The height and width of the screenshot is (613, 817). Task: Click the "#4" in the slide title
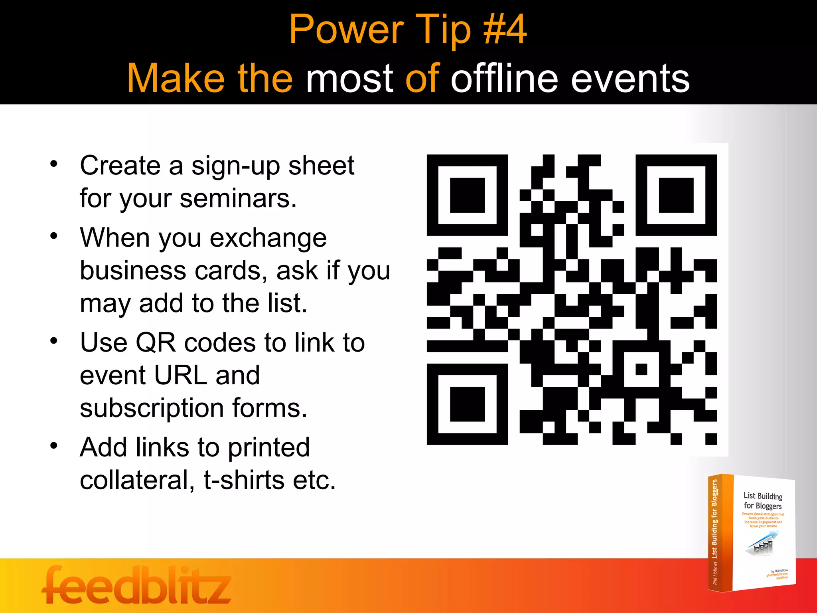click(x=505, y=30)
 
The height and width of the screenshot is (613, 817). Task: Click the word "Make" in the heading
click(x=176, y=79)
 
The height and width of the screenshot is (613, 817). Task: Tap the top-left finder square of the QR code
click(x=467, y=195)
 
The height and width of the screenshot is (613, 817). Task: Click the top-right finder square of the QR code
click(x=676, y=195)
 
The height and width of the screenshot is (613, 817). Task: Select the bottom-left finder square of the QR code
click(x=467, y=404)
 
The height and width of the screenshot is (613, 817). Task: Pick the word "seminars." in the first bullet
click(x=238, y=198)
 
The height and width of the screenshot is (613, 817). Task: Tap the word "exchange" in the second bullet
click(x=268, y=238)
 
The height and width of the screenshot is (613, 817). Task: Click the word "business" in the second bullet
click(x=133, y=271)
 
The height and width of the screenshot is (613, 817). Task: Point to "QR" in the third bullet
click(x=156, y=343)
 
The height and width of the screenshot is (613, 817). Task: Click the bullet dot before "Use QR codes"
click(x=54, y=341)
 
